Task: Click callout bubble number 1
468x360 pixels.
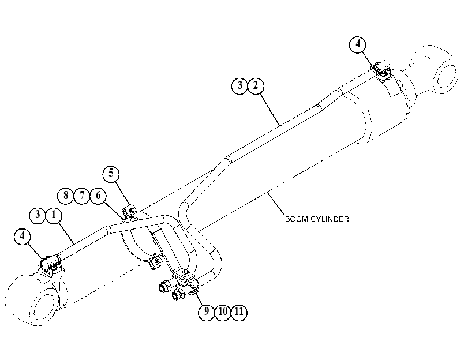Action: [54, 215]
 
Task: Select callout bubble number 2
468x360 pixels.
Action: [256, 85]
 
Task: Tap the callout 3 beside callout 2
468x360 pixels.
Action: [239, 85]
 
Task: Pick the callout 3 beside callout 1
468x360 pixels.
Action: [38, 215]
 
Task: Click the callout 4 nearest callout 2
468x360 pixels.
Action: [358, 44]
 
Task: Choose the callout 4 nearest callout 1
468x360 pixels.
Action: [23, 236]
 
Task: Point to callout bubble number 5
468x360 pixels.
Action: [111, 173]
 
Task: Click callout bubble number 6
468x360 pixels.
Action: [98, 196]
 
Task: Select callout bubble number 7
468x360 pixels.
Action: [82, 196]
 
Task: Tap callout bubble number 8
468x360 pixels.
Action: [66, 196]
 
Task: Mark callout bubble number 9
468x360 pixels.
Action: [207, 312]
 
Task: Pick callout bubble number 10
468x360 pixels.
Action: [223, 312]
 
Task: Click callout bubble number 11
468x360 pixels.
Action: [239, 312]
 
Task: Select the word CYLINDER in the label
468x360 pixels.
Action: [330, 219]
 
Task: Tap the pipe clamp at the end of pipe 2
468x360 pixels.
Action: [381, 71]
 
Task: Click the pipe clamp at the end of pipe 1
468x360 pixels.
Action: [51, 264]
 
